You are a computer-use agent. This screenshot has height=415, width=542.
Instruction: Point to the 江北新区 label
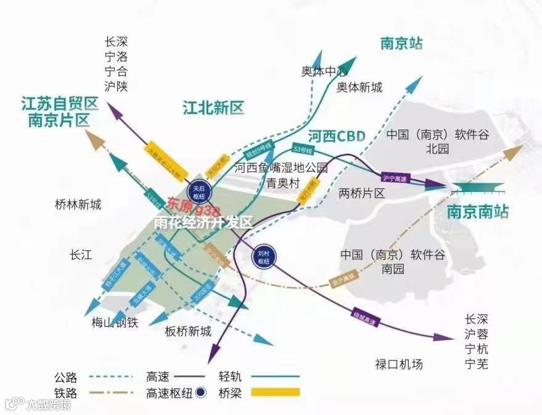(213, 109)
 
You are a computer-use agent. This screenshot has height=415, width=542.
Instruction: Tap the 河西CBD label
(336, 135)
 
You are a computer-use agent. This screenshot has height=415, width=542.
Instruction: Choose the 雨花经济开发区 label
(203, 222)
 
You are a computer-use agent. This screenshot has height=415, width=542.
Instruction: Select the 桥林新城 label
(78, 204)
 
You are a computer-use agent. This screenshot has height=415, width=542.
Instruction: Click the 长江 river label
(81, 254)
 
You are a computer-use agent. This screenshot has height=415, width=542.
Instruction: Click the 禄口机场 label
(400, 364)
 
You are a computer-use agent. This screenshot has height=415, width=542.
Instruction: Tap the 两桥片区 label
(362, 193)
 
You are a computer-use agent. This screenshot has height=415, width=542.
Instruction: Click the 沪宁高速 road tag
(395, 178)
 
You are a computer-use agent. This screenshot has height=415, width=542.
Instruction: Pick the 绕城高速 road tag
(364, 317)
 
